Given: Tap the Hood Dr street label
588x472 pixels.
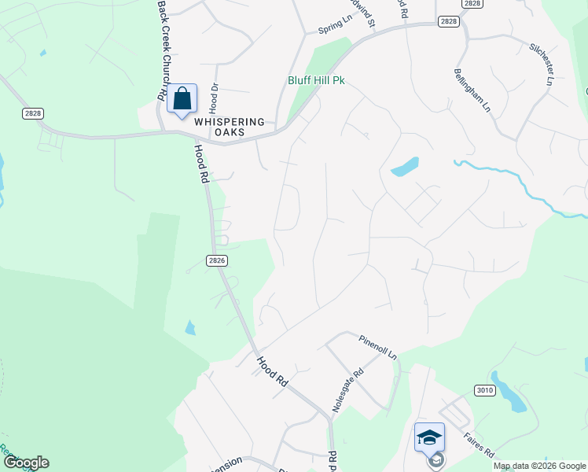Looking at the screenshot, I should tap(212, 100).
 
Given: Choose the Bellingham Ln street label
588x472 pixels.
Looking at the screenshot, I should tap(472, 90).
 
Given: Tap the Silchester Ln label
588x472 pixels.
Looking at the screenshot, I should tap(542, 64).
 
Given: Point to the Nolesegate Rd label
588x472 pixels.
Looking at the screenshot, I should tap(349, 390).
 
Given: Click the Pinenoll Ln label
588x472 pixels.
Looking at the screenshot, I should tap(378, 348).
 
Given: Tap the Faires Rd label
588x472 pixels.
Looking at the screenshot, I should tap(478, 443).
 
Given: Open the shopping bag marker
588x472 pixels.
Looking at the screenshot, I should tap(182, 100).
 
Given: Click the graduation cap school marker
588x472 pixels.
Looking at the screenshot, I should tap(429, 437).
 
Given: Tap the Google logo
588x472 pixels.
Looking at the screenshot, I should tap(25, 463).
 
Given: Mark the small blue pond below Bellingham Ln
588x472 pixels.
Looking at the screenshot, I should tap(404, 167).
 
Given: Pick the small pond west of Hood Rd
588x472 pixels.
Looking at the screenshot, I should tap(190, 327).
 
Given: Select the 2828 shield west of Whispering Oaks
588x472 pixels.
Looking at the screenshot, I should tap(33, 114).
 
